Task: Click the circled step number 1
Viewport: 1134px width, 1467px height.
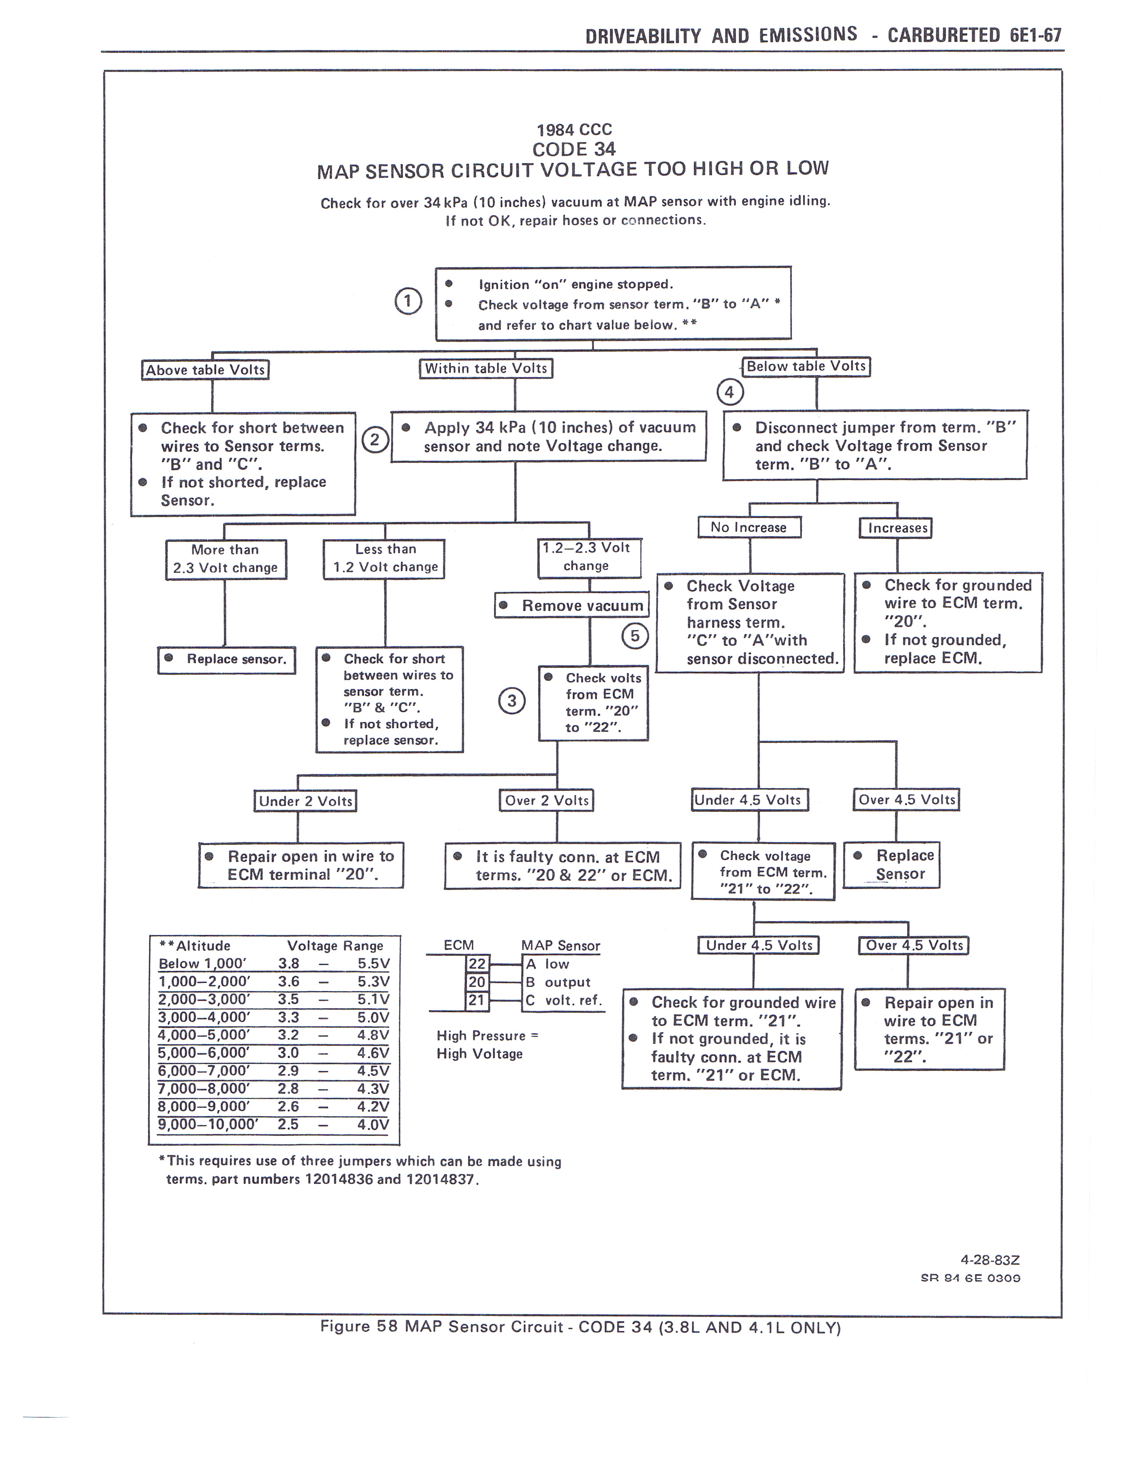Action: [408, 301]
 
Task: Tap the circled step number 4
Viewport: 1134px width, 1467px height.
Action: [730, 392]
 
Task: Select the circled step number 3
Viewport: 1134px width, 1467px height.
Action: [512, 701]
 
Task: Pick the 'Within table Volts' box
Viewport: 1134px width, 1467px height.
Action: [486, 368]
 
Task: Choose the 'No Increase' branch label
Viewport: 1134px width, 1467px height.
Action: [749, 527]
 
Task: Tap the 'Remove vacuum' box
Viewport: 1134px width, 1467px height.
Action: [572, 605]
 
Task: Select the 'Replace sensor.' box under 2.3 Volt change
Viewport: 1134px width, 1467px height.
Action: [227, 660]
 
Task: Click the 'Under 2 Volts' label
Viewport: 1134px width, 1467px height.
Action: [305, 801]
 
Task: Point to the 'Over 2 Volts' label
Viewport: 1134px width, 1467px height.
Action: [546, 800]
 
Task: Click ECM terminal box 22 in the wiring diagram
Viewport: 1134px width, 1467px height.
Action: [477, 964]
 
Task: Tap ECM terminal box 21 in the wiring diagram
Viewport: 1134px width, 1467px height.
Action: [477, 1000]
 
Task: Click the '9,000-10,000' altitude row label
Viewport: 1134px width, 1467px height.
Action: [208, 1124]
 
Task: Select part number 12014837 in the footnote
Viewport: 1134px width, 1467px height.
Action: [442, 1179]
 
